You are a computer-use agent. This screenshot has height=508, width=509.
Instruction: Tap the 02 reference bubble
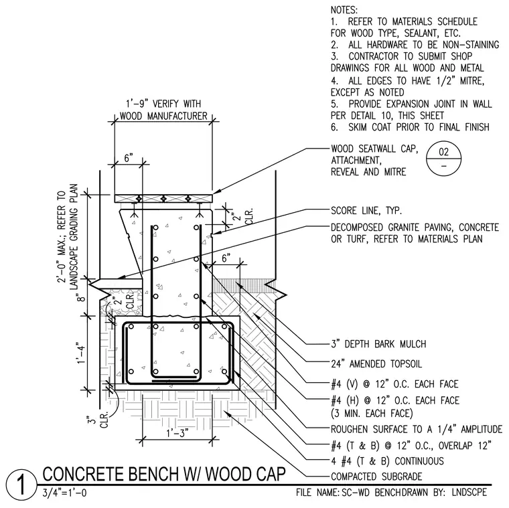tap(443, 159)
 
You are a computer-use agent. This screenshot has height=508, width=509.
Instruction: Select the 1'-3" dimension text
tap(177, 434)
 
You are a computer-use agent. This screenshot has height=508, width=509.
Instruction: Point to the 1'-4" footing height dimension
tap(81, 353)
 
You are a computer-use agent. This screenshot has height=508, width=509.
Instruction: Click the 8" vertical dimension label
tap(82, 297)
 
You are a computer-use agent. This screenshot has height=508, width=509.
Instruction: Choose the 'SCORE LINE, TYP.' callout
tap(366, 211)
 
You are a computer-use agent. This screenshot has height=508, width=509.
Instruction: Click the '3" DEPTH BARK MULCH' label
tap(378, 344)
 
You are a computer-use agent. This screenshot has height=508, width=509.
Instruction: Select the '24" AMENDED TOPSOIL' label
tap(376, 364)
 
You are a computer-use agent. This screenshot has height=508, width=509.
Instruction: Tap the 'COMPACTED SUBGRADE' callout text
tap(376, 477)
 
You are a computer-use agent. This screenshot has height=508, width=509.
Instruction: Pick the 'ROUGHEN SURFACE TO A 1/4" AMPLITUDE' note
tap(417, 429)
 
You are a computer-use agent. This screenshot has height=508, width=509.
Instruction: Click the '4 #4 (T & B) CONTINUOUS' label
tap(387, 461)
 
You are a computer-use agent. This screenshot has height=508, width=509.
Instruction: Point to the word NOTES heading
tap(344, 10)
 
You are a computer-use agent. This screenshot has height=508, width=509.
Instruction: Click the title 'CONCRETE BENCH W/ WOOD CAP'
tap(164, 475)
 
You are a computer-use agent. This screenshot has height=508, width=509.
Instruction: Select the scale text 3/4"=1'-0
tap(64, 493)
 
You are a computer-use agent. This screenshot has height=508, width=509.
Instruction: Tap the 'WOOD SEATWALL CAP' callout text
tap(374, 149)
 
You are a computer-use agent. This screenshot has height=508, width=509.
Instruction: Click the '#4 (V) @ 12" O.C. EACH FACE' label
tap(394, 384)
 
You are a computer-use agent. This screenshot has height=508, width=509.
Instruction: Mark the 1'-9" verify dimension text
tap(163, 110)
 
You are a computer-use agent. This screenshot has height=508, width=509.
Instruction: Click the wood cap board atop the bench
tap(163, 199)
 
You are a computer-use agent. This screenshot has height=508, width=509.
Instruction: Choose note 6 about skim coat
tap(410, 127)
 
